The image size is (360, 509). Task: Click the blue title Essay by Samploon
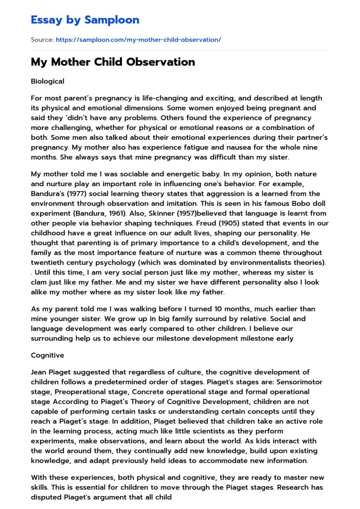click(x=85, y=20)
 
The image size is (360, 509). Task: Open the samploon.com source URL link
click(x=138, y=40)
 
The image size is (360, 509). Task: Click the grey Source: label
click(x=42, y=40)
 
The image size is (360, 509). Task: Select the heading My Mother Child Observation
click(x=113, y=62)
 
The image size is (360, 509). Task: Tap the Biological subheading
click(x=47, y=81)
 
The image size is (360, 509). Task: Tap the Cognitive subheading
click(x=47, y=355)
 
